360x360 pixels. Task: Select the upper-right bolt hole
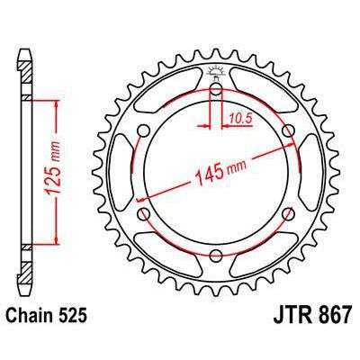[x=287, y=131]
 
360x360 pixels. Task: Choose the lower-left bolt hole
[x=145, y=213]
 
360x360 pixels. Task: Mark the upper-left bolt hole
[x=145, y=131]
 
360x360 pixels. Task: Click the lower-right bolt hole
[x=287, y=213]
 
